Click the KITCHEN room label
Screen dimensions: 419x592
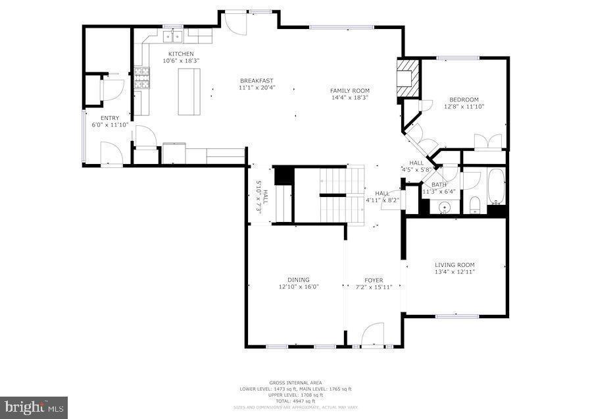click(x=181, y=53)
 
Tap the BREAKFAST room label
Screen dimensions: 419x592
click(x=256, y=80)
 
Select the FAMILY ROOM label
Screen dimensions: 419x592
click(x=349, y=90)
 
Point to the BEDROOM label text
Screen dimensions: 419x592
click(x=464, y=99)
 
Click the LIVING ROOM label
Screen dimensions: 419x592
click(x=455, y=265)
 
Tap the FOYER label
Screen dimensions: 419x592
click(x=374, y=279)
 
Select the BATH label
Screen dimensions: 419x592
click(x=439, y=184)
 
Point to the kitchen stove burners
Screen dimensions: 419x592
click(x=141, y=79)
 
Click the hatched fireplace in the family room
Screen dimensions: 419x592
click(x=407, y=80)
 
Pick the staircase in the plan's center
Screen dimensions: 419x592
click(x=341, y=195)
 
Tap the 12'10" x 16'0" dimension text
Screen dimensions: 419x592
click(x=298, y=287)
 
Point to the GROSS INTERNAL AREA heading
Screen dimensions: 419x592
click(x=295, y=383)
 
